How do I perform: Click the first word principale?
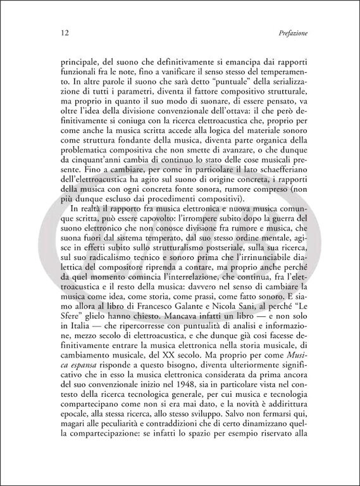click(79, 63)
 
